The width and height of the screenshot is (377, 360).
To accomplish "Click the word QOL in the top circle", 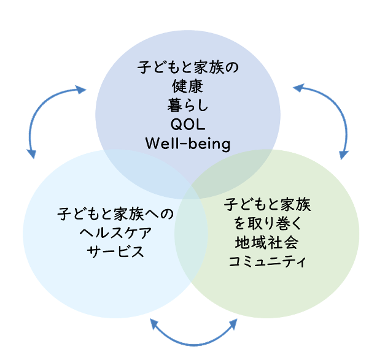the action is pyautogui.click(x=188, y=124).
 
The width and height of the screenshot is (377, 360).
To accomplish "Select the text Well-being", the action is pyautogui.click(x=188, y=144).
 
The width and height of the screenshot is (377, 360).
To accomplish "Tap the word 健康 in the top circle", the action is pyautogui.click(x=187, y=86).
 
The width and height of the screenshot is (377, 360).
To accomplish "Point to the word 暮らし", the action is pyautogui.click(x=188, y=105).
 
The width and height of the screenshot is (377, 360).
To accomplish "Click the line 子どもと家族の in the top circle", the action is pyautogui.click(x=188, y=67).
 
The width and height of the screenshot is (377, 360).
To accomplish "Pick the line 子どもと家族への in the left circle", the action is pyautogui.click(x=115, y=214).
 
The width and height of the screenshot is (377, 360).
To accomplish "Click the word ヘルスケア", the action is pyautogui.click(x=115, y=232).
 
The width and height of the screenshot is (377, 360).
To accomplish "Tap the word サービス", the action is pyautogui.click(x=115, y=251).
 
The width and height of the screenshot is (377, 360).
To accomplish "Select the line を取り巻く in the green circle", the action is pyautogui.click(x=267, y=223).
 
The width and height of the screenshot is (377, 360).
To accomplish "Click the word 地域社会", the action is pyautogui.click(x=267, y=242).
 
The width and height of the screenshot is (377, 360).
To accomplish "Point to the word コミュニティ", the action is pyautogui.click(x=267, y=261).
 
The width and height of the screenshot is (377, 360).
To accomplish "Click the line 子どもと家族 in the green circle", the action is pyautogui.click(x=267, y=204).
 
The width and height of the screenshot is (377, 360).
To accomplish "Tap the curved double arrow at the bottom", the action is pyautogui.click(x=193, y=345).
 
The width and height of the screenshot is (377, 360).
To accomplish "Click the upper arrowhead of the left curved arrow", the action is pyautogui.click(x=80, y=90).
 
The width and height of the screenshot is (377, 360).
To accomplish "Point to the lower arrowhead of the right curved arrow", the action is pyautogui.click(x=344, y=155).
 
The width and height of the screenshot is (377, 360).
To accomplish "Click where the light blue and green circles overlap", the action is pyautogui.click(x=192, y=234).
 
